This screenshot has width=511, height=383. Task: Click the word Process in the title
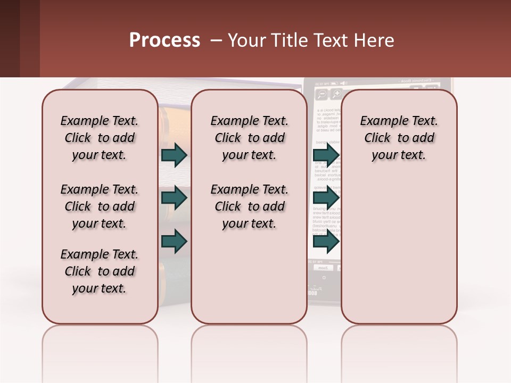pos(164,40)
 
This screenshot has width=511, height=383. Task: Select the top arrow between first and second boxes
pos(174,155)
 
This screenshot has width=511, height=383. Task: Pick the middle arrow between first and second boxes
pos(174,198)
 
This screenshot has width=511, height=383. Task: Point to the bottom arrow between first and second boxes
pos(174,242)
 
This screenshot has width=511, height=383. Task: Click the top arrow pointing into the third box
pos(326,155)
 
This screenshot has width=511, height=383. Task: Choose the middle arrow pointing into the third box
pos(326,198)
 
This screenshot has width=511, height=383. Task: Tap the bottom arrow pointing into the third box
pos(326,242)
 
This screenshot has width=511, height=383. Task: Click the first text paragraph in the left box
pos(100,138)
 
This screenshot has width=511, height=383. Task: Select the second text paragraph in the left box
pos(100,206)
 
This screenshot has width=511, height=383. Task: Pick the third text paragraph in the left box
pos(100,271)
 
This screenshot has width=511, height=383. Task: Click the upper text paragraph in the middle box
pos(249,138)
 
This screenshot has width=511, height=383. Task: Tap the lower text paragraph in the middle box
pos(249,206)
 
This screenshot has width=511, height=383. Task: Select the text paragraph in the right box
pos(399,138)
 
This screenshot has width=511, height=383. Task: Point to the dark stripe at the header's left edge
pos(10,38)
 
